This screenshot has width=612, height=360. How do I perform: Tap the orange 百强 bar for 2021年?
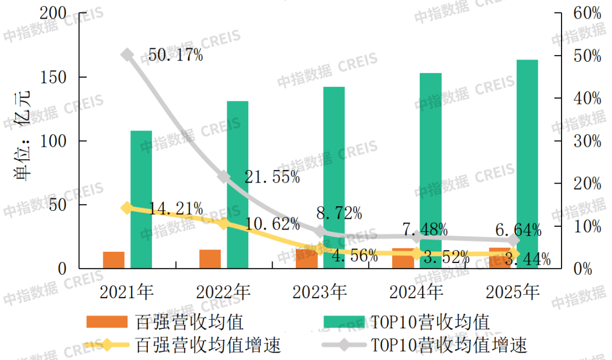pos(113,260)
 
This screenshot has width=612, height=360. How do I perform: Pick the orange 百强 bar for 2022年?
pos(210,259)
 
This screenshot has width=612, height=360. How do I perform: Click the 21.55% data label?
pos(272,177)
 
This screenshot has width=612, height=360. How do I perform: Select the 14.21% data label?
pos(175,209)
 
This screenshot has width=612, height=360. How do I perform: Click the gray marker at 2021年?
pos(127,55)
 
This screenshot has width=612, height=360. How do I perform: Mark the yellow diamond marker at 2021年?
pos(127,208)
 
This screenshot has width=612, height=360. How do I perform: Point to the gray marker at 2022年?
pos(224,177)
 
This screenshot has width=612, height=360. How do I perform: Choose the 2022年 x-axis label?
pos(223,292)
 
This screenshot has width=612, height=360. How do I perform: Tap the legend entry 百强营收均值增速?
pos(209,344)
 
